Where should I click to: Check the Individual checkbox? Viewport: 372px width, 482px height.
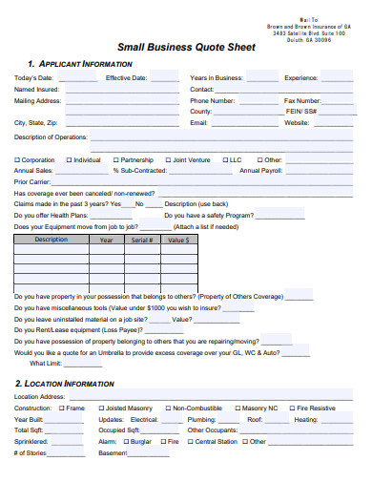point(68,160)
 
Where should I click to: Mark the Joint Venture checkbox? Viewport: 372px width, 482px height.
point(168,160)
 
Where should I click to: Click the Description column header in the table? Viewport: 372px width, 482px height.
point(51,240)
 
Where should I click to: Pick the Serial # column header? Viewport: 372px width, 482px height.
point(141,240)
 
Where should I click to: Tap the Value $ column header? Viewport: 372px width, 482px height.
point(175,240)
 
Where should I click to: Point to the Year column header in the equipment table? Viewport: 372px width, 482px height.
point(106,240)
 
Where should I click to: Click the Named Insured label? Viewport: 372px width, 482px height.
point(36,89)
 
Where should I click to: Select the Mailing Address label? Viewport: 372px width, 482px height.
point(37,100)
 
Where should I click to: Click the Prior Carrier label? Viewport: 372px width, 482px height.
point(31,181)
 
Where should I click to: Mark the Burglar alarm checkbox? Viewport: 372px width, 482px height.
point(124,442)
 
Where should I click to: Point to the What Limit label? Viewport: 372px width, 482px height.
point(45,363)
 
